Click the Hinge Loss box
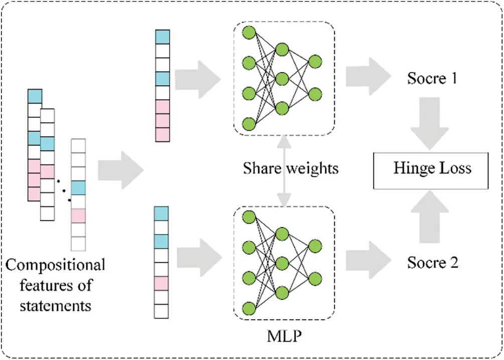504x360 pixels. [x=431, y=170]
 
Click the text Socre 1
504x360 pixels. [x=432, y=78]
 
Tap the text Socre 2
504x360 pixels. [x=433, y=263]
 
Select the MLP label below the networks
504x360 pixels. [x=284, y=336]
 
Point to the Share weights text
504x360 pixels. [x=290, y=168]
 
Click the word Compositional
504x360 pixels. [x=55, y=266]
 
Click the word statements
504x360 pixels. [x=55, y=305]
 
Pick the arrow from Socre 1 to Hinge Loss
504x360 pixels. [x=429, y=123]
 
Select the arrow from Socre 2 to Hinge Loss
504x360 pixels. [x=429, y=217]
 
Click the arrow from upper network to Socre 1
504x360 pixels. [x=369, y=77]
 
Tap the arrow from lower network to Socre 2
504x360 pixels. [x=369, y=260]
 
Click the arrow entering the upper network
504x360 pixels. [x=198, y=79]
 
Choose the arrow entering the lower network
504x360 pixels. [x=200, y=257]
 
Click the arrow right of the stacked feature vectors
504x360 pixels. [x=121, y=170]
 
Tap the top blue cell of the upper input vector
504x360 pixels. [x=162, y=37]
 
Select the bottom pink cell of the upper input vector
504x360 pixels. [x=162, y=135]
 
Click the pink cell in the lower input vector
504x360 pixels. [x=161, y=283]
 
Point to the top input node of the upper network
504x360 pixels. [x=249, y=33]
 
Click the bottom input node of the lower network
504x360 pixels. [x=249, y=308]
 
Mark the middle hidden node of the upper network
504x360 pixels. [x=282, y=79]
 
